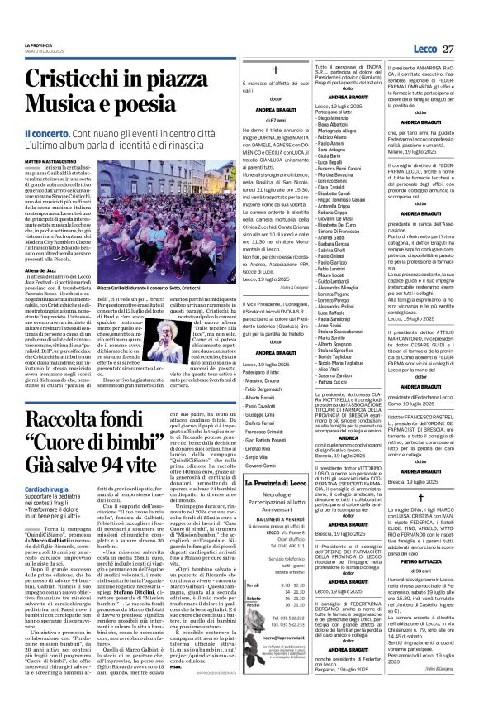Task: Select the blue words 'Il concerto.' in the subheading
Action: click(47, 134)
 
